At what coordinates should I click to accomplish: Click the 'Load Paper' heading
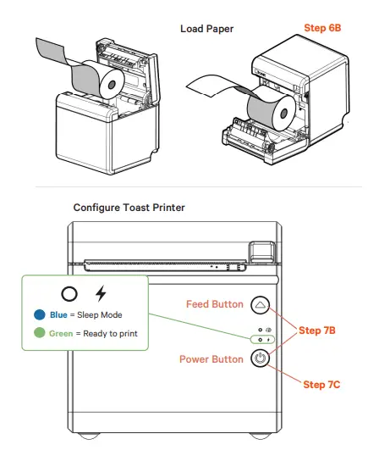(207, 29)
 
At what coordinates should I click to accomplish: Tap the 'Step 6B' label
(321, 28)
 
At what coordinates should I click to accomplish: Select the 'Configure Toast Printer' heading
(129, 208)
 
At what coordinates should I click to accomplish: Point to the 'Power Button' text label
(211, 359)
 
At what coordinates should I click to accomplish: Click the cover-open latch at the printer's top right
(261, 251)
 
